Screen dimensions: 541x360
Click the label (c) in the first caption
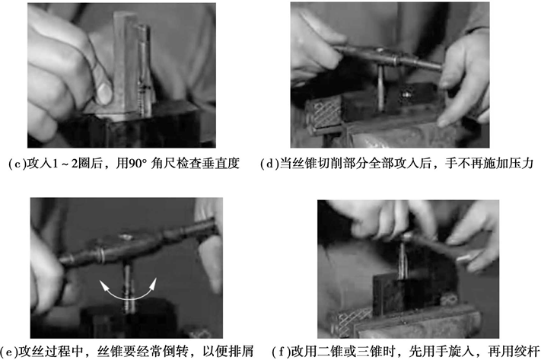point(17,164)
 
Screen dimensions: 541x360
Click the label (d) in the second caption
point(269,164)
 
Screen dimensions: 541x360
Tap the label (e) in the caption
point(8,352)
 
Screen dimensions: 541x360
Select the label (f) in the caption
point(282,352)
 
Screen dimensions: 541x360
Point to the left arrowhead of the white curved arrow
point(103,285)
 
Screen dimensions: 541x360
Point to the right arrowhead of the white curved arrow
point(153,282)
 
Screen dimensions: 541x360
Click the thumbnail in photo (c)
point(104,92)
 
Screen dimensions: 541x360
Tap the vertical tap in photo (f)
point(403,260)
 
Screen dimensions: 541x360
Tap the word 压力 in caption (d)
point(521,164)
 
